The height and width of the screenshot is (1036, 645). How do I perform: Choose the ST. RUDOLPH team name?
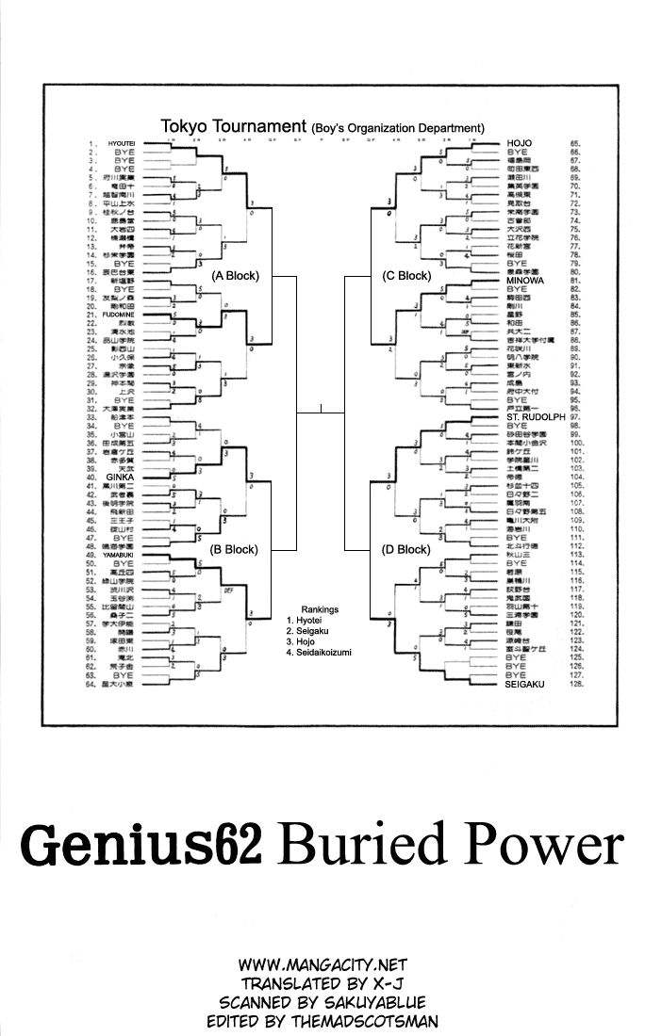[535, 416]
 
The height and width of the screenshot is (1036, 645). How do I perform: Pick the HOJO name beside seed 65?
[520, 143]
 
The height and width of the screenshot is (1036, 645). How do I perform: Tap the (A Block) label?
[235, 276]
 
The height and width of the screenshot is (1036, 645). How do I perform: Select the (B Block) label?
[235, 549]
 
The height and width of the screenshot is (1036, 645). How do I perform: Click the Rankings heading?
[320, 609]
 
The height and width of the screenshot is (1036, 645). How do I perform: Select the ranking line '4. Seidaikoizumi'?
[324, 652]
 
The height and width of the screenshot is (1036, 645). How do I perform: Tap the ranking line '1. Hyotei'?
[304, 621]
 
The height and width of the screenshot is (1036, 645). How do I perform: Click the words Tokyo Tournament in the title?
[233, 125]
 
